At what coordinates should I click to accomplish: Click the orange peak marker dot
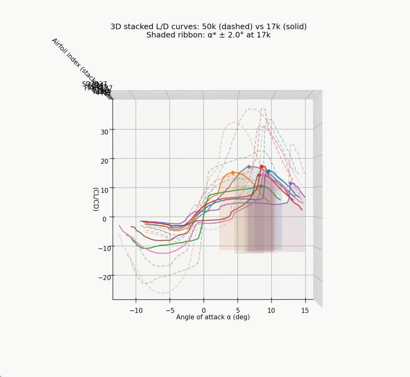[233, 173]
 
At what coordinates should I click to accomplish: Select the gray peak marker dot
[249, 167]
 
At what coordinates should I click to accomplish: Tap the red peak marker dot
[261, 167]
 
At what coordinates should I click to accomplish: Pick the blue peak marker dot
[269, 171]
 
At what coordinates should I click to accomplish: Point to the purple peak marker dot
[291, 184]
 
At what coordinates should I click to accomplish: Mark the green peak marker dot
[261, 186]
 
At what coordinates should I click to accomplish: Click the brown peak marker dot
[259, 175]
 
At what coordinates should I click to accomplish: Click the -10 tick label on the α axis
[136, 311]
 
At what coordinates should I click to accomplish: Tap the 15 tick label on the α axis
[305, 311]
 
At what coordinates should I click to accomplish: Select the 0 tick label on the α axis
[203, 311]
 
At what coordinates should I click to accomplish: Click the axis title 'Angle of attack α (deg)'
[213, 317]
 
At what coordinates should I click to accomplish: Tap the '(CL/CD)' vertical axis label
[96, 199]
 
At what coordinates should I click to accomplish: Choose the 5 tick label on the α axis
[237, 311]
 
